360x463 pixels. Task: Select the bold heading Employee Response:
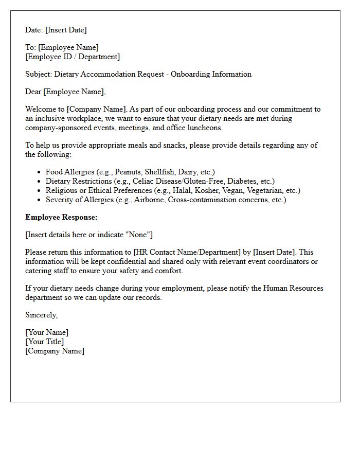coord(61,217)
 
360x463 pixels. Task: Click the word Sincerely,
coord(42,315)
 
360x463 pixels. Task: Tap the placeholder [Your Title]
coord(45,342)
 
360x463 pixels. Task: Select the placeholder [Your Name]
coord(47,332)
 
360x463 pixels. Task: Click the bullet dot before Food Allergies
coord(40,172)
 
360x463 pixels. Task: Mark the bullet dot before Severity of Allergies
coord(40,200)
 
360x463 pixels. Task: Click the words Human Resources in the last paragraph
coord(293,288)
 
